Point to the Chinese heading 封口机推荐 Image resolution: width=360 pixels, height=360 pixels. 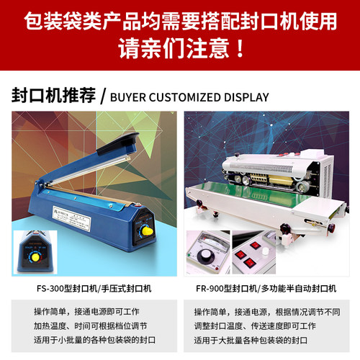point(54,96)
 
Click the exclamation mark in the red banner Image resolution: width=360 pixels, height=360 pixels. point(240,50)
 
